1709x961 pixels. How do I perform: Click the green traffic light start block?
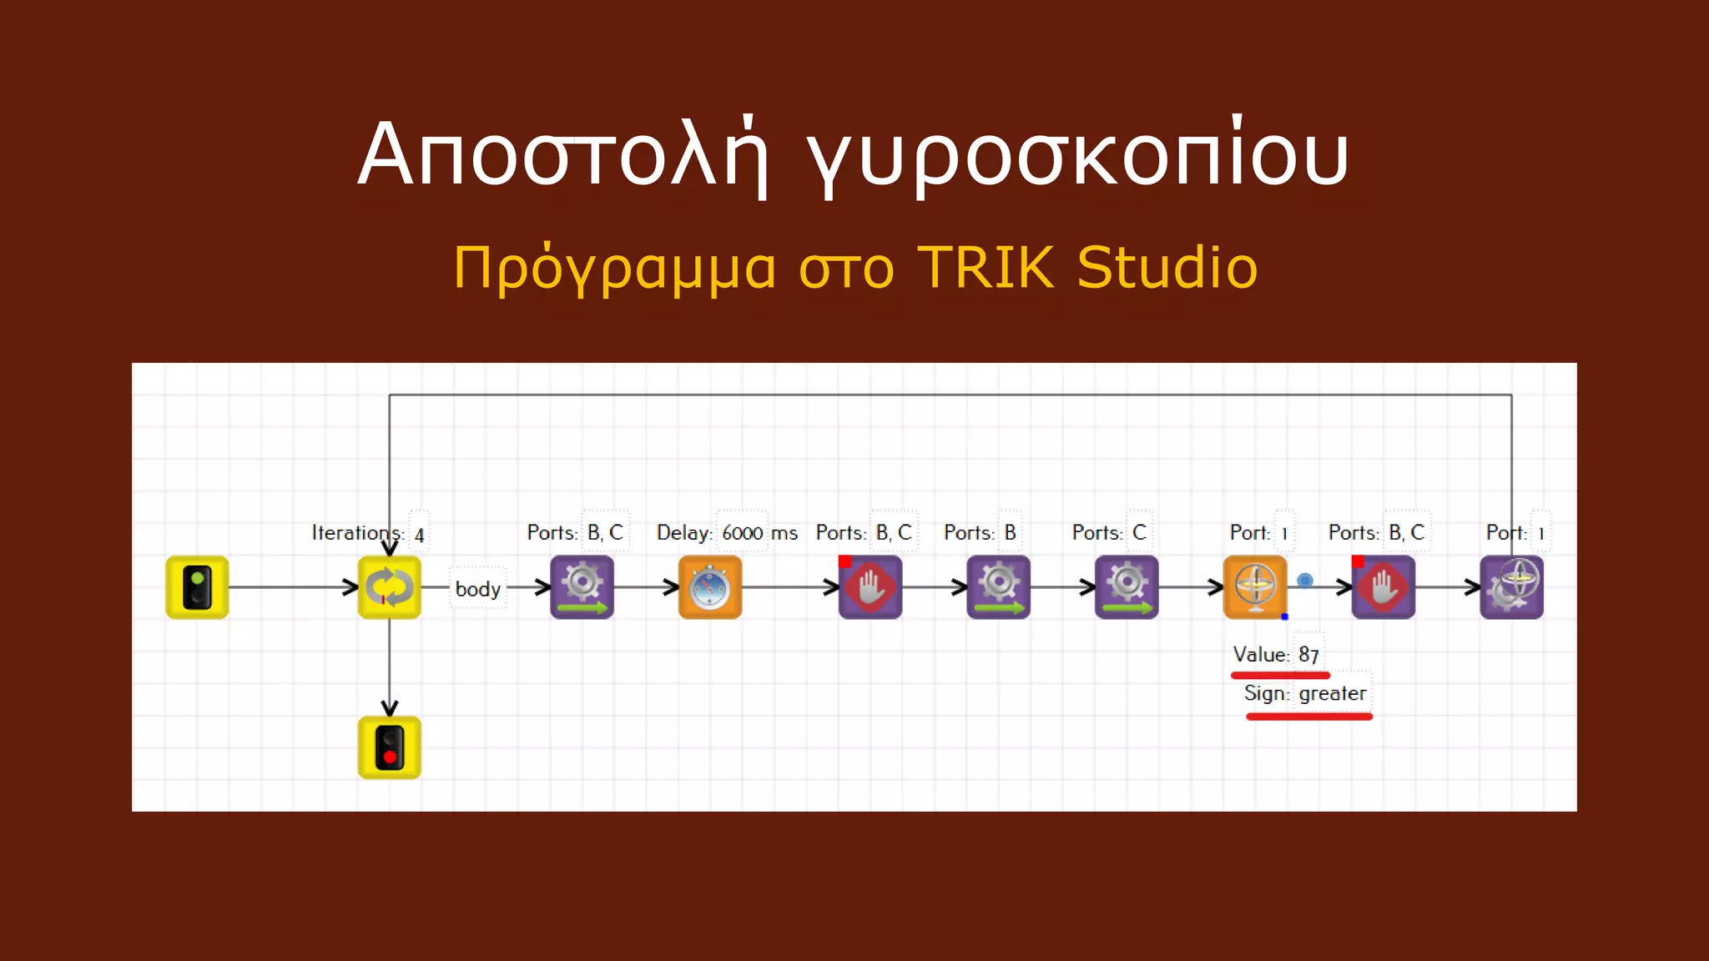point(197,587)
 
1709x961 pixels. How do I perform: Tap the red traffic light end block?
point(390,747)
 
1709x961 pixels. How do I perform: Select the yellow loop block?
point(390,587)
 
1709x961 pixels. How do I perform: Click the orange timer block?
point(710,587)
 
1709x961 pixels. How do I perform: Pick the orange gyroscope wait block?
point(1255,587)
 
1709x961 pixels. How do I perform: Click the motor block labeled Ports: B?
point(998,587)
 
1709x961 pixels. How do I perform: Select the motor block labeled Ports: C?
point(1127,587)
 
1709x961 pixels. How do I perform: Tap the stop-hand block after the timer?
point(870,587)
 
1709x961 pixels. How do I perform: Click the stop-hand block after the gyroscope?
point(1383,587)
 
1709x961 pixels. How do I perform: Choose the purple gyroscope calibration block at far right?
point(1511,587)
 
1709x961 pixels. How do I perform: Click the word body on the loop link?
point(478,589)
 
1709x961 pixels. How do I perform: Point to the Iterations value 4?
point(420,535)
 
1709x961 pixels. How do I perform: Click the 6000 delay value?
point(743,533)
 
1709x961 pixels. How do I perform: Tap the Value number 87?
point(1308,655)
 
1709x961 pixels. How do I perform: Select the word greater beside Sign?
point(1333,693)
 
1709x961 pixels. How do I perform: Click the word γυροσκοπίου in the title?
point(1077,156)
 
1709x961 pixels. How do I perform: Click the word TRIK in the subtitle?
point(986,268)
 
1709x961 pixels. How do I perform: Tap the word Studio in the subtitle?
point(1167,268)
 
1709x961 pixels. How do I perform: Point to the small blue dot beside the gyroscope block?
point(1305,581)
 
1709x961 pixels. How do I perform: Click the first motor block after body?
point(582,587)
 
